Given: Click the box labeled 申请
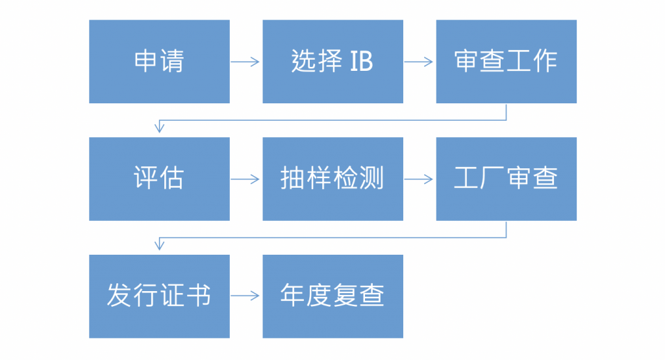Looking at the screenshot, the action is [x=160, y=62].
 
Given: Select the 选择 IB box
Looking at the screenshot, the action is [x=333, y=62].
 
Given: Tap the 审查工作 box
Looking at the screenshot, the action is [x=507, y=62].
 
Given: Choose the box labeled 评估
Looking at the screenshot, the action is [x=160, y=179].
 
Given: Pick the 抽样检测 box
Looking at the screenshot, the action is [x=333, y=179].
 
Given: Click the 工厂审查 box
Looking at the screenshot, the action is [x=507, y=179].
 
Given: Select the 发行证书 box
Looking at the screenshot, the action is [x=160, y=296].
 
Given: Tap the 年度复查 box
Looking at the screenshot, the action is [x=333, y=296].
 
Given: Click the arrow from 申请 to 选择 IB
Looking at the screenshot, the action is [x=245, y=62].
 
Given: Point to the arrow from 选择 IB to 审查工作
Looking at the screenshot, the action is [x=419, y=62].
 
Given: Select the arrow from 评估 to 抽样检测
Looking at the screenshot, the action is [x=245, y=179].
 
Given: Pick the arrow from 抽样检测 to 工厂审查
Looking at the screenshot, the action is [x=419, y=179].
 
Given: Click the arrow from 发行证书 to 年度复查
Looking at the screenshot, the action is [x=245, y=296].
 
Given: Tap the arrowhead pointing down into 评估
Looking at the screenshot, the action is [x=160, y=127].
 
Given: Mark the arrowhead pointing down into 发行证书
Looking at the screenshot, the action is [x=160, y=245].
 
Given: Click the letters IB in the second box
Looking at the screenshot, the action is [x=361, y=62].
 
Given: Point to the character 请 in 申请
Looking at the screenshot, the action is [x=172, y=62].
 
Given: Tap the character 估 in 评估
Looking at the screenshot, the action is [x=172, y=178].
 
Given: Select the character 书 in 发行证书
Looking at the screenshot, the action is [x=199, y=295].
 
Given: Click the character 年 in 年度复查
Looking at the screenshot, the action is [x=293, y=295].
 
